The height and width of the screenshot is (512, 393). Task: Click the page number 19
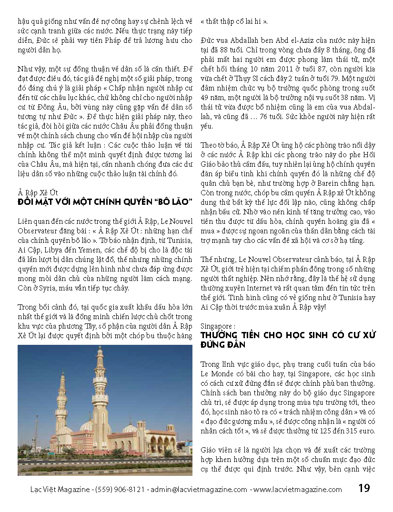[364, 488]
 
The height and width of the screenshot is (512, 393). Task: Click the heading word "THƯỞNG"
[221, 335]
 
